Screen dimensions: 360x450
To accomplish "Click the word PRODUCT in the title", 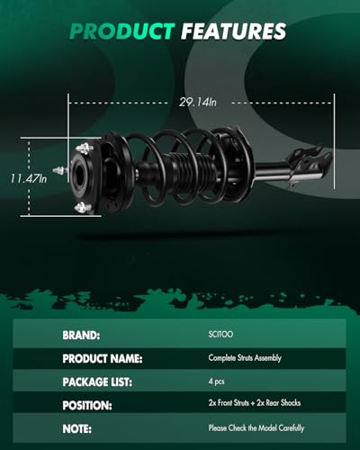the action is pyautogui.click(x=122, y=31).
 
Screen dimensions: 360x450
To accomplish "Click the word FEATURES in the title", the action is pyautogui.click(x=234, y=31).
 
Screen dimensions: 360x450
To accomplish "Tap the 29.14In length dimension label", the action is pyautogui.click(x=198, y=103).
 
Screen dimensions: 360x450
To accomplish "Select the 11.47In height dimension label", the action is pyautogui.click(x=29, y=179).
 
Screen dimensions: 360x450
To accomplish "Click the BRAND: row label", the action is pyautogui.click(x=81, y=335).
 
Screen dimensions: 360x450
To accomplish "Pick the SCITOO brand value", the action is pyautogui.click(x=220, y=334).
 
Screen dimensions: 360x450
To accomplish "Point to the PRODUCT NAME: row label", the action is pyautogui.click(x=103, y=358).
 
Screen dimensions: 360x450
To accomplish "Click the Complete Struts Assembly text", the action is pyautogui.click(x=245, y=358).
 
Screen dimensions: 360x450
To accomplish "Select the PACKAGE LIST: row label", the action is pyautogui.click(x=97, y=382).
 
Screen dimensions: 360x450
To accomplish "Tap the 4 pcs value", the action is pyautogui.click(x=217, y=382).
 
